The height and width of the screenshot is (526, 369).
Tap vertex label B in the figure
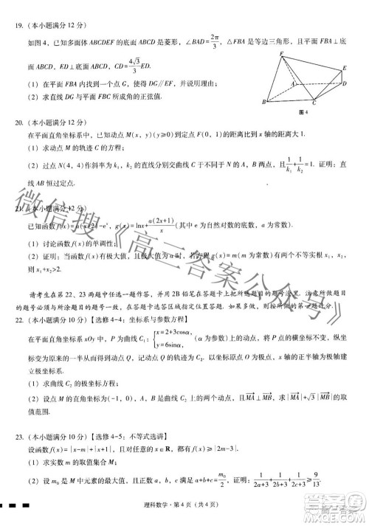click(x=265, y=101)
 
